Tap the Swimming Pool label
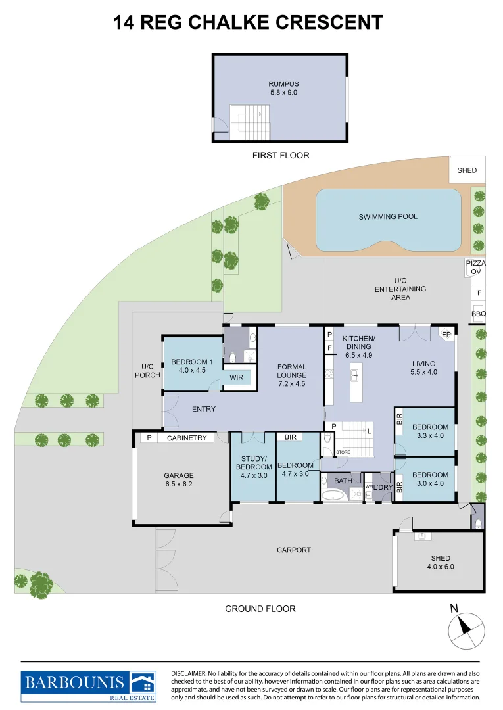[387, 216]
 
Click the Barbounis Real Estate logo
[88, 685]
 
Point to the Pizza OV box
[475, 267]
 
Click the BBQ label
[478, 314]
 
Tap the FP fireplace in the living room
[446, 334]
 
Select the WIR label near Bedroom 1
[237, 378]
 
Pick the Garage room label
[178, 475]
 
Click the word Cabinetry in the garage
[187, 438]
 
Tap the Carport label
[293, 550]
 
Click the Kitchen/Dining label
[358, 342]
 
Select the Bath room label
[343, 481]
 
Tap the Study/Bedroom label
[253, 467]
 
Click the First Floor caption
[281, 156]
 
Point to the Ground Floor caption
[260, 609]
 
